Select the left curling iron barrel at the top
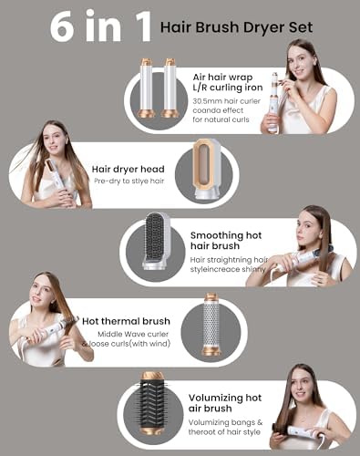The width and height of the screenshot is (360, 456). click(146, 88)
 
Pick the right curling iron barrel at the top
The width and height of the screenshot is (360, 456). click(170, 88)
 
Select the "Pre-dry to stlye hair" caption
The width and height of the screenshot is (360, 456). click(128, 181)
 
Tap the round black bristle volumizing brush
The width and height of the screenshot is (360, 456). click(152, 407)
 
